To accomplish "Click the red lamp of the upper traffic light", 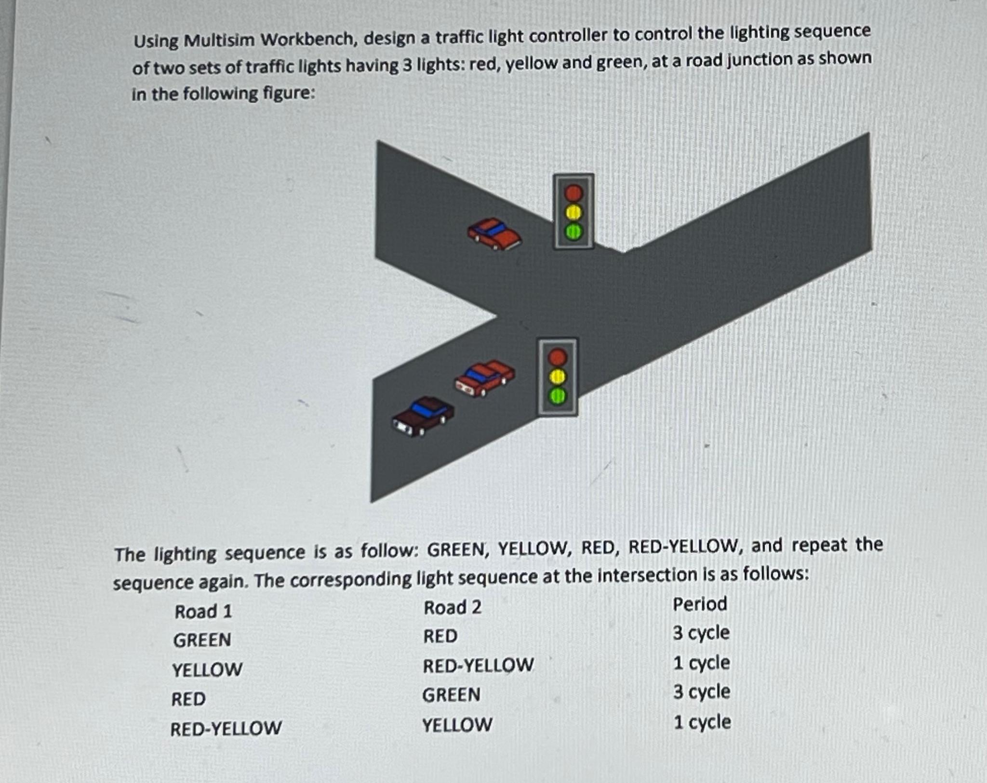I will click(574, 193).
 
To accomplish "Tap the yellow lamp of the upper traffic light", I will click(574, 212).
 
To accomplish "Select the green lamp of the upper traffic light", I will click(574, 232).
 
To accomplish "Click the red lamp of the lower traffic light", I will click(558, 357).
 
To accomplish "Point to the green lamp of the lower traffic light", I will click(558, 396).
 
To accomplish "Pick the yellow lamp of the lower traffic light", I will click(558, 377).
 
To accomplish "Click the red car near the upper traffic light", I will click(494, 234).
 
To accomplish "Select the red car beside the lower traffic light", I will click(485, 378).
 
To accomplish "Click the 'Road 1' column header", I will click(203, 612).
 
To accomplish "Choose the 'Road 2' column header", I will click(452, 608).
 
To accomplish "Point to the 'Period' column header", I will click(699, 604).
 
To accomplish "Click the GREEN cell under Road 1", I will click(202, 640).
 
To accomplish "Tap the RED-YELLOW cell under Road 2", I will click(478, 666).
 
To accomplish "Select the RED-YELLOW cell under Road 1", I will click(226, 729).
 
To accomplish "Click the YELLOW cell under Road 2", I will click(457, 725).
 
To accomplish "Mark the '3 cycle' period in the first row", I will click(701, 633).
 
